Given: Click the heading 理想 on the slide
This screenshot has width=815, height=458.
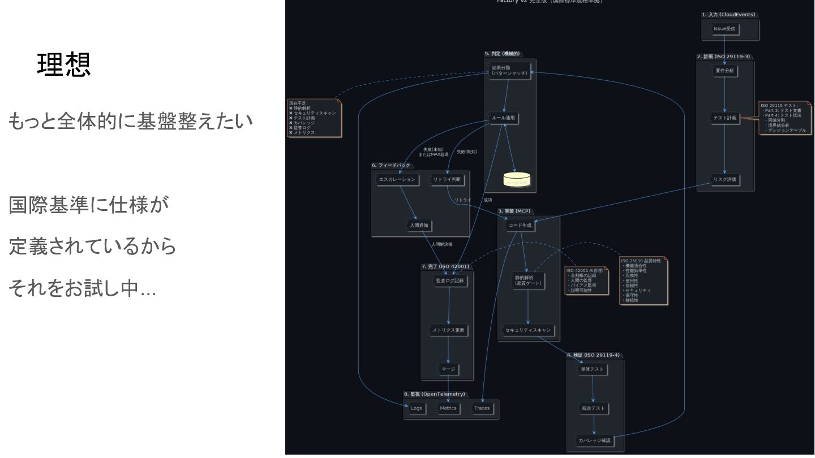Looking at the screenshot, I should (63, 65).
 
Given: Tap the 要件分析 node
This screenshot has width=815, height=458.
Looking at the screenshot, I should (724, 71).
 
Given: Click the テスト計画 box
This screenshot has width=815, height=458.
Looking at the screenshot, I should (724, 118).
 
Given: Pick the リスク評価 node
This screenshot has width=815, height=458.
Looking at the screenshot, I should (725, 180).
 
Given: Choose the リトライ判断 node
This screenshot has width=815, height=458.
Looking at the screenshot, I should (447, 180).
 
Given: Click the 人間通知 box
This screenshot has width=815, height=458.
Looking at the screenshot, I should (420, 226).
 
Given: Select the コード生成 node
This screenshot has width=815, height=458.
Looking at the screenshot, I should (520, 226).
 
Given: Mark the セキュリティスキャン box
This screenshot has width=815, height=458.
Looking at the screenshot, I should (527, 330).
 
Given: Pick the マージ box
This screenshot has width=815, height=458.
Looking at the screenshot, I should (448, 370).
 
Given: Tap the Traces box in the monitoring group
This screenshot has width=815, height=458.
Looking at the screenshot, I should (482, 408).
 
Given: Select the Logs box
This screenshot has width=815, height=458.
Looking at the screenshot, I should (416, 408).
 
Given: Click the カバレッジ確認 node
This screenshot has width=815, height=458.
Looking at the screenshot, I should (594, 440).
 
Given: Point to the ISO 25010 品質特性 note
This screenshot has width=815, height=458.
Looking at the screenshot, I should (644, 280).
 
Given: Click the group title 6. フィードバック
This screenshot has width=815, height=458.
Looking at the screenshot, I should (391, 165).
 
